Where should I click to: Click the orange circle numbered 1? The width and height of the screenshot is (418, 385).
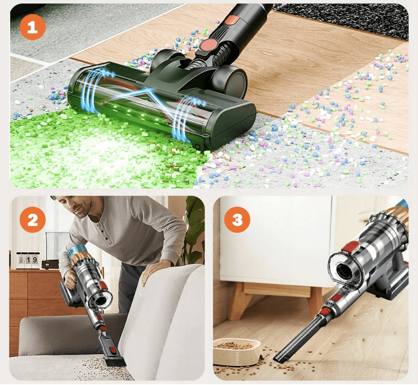[x=33, y=27]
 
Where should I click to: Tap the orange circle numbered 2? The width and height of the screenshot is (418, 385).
[x=33, y=220]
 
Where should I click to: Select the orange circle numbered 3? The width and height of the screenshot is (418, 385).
[x=237, y=220]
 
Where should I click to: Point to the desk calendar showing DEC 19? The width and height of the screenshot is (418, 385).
[x=28, y=260]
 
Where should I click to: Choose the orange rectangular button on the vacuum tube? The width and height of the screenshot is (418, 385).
[x=231, y=20]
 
